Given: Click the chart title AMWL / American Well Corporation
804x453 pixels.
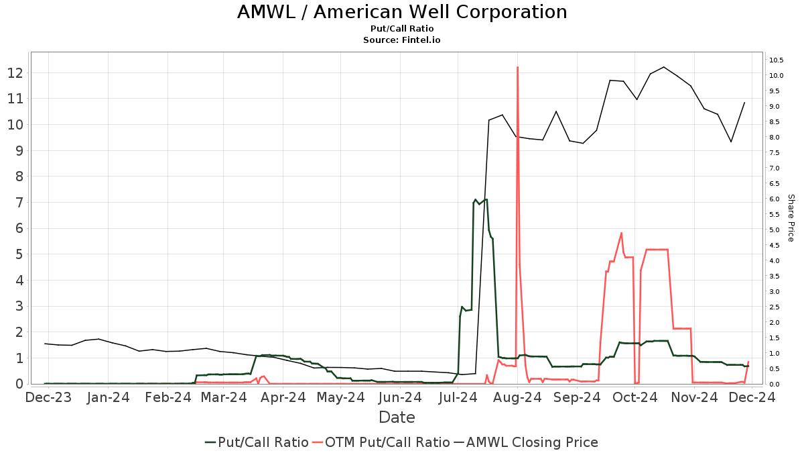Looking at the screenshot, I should pos(402,12).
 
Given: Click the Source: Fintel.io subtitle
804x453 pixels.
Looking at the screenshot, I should pos(402,40).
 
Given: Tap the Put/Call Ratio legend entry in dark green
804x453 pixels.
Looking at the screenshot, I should pos(257,442).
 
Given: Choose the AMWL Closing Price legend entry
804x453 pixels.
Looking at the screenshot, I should pos(525,442).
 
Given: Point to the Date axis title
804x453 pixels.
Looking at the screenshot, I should pos(397,417).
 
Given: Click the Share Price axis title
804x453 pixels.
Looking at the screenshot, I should pos(791,218).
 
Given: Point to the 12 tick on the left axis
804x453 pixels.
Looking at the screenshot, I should pos(16,72).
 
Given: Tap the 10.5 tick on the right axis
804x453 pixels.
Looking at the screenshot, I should pos(777,60).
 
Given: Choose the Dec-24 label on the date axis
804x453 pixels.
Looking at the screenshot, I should pos(754,397).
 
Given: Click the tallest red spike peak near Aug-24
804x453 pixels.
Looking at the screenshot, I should pos(517,67).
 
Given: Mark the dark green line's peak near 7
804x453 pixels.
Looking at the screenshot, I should pos(476,199).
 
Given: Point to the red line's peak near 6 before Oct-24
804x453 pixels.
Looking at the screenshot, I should pos(622,233).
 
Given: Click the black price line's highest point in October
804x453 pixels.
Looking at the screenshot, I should pos(663,67).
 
